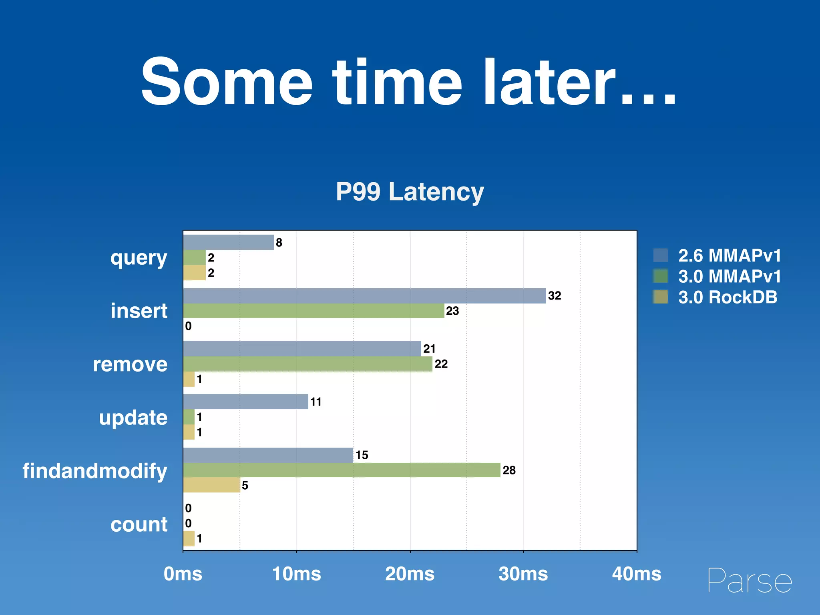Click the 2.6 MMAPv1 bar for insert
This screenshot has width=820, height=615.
click(364, 296)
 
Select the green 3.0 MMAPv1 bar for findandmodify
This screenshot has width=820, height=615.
click(342, 470)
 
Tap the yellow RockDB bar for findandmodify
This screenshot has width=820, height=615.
click(211, 485)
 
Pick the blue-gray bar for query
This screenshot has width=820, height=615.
click(228, 242)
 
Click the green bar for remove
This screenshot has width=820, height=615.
click(307, 364)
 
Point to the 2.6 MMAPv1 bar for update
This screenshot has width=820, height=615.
click(245, 402)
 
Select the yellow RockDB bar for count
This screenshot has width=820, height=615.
click(189, 539)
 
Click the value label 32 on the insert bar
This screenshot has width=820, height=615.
click(555, 296)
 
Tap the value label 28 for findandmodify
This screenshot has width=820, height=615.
click(509, 470)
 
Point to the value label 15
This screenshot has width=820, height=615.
click(362, 455)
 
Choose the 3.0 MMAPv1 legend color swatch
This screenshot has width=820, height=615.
click(661, 276)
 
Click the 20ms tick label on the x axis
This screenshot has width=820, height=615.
click(410, 574)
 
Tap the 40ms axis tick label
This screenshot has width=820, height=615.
click(636, 574)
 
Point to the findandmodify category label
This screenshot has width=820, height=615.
click(95, 471)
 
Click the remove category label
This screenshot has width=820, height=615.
click(130, 364)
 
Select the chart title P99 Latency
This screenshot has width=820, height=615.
click(410, 191)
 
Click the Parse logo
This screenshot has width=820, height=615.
click(750, 581)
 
